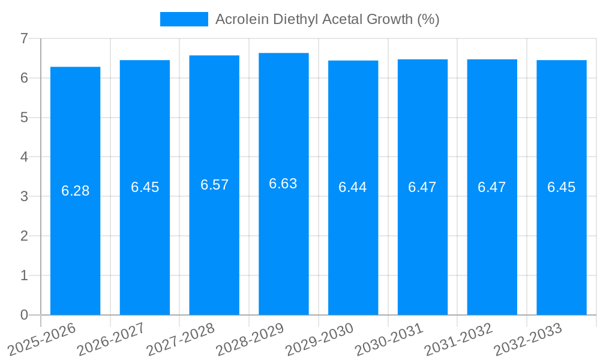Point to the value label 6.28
tap(75, 191)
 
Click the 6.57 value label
tap(214, 185)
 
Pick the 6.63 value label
tap(283, 184)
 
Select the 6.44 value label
tap(353, 187)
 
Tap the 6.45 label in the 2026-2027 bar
tap(145, 187)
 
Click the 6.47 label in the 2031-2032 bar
tap(491, 187)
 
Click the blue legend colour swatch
tap(184, 19)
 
